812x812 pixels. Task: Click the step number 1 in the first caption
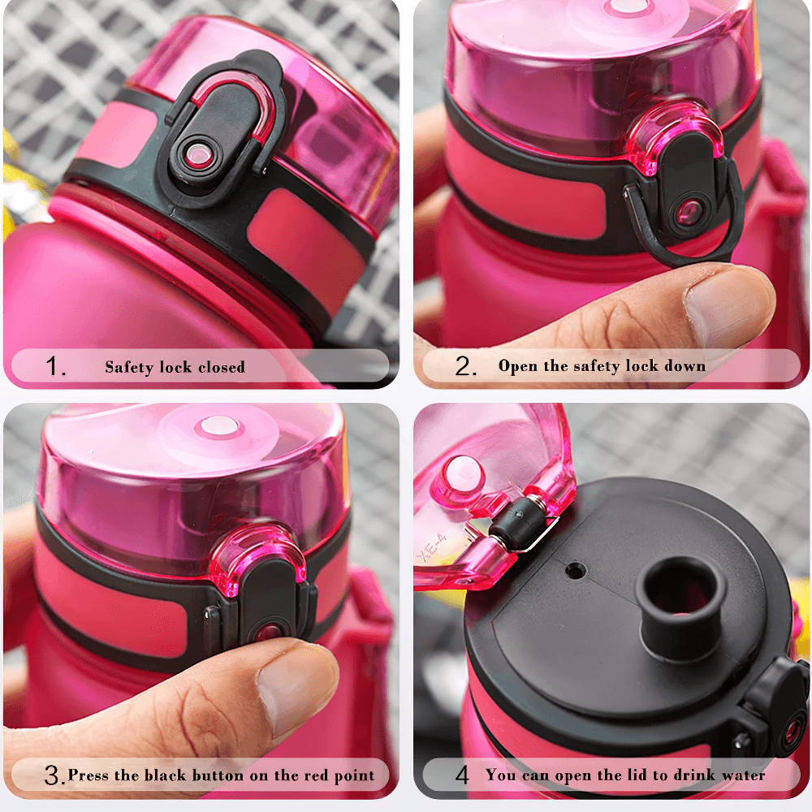[x=54, y=367]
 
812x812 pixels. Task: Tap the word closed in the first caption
[x=221, y=367]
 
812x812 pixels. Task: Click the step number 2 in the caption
[x=464, y=367]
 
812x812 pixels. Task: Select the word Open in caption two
[x=517, y=366]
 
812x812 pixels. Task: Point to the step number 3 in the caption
[x=53, y=776]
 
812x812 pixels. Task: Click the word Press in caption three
[x=89, y=775]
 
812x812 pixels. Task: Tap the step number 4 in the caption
[x=462, y=775]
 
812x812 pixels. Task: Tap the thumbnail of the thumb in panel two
[x=725, y=307]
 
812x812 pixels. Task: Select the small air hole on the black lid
[x=575, y=572]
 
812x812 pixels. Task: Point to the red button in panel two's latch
[x=689, y=213]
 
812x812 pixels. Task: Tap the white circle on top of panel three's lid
[x=217, y=425]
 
